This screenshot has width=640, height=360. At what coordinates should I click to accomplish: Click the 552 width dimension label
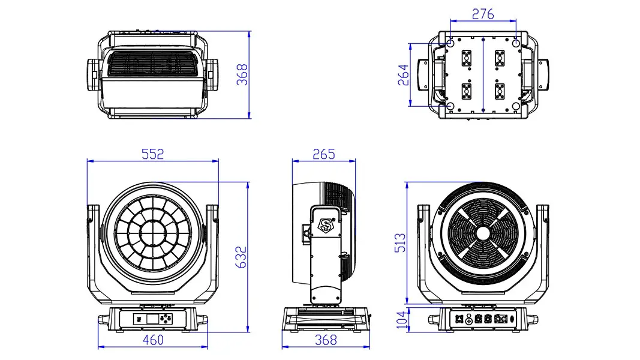click(x=153, y=154)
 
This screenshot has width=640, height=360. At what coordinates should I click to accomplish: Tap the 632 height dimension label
click(x=241, y=257)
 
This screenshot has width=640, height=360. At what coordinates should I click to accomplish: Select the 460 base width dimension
click(x=153, y=340)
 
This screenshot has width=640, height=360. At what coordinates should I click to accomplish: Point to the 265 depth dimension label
click(x=324, y=154)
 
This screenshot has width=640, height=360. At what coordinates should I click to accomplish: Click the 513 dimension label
click(x=401, y=242)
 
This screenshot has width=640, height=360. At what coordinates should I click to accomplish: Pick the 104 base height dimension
click(x=402, y=319)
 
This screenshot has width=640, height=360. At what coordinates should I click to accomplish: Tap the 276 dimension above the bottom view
click(x=483, y=14)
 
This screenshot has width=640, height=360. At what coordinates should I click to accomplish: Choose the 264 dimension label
click(x=403, y=74)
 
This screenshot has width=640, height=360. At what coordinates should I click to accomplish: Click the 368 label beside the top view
click(x=242, y=74)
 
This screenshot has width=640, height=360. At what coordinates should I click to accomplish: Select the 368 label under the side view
click(x=326, y=340)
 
